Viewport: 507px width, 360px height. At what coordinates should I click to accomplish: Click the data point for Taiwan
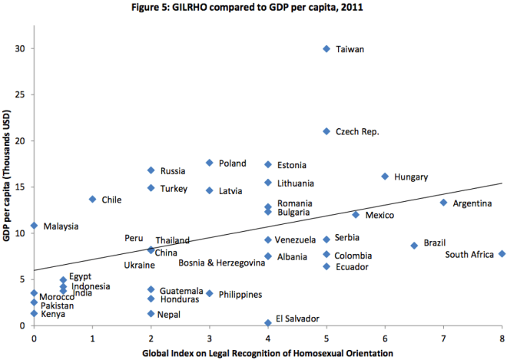(326, 48)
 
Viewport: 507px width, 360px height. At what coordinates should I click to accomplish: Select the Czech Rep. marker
(326, 131)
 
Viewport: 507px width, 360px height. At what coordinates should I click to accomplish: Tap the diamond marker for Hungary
(385, 177)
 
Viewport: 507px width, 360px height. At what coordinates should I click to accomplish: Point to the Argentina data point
(443, 203)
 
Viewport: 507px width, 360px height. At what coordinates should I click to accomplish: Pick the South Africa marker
(502, 254)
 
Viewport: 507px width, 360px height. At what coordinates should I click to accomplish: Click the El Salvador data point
(268, 323)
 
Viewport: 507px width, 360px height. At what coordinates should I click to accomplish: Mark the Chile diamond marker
(92, 199)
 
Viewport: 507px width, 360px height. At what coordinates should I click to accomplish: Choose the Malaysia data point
(34, 226)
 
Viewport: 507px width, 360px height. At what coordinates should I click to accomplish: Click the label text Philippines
(240, 294)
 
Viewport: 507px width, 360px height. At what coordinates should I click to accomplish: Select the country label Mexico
(379, 215)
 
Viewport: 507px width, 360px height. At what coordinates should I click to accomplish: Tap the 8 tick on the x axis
(502, 338)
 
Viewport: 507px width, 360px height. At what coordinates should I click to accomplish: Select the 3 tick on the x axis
(209, 338)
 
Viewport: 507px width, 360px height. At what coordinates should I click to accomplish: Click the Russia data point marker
(151, 170)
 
